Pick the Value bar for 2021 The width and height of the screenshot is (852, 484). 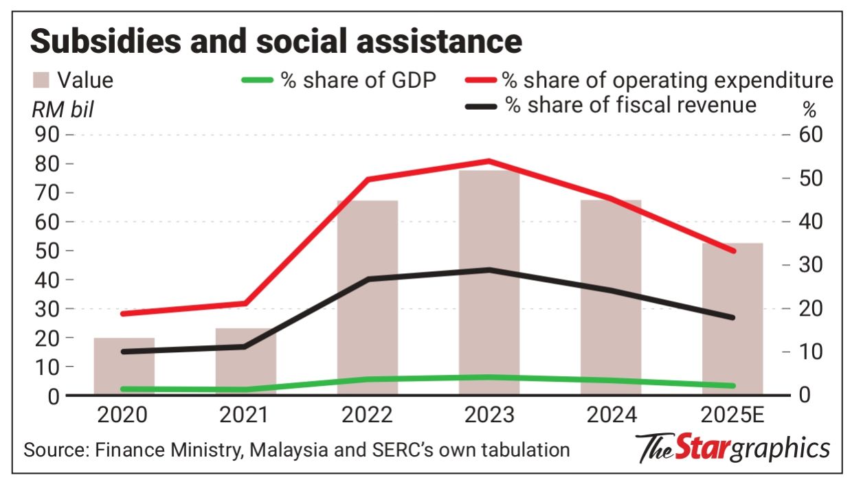246,364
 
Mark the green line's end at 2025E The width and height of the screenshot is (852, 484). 733,386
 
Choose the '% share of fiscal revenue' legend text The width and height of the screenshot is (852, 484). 631,105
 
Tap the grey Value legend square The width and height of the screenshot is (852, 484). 41,80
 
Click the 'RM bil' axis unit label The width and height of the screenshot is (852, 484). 61,108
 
